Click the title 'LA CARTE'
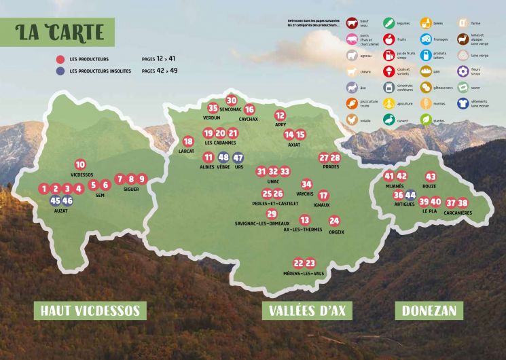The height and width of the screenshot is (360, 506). pyautogui.click(x=62, y=31)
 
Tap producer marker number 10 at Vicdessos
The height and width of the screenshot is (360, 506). pyautogui.click(x=80, y=164)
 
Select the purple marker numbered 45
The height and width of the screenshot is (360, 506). pyautogui.click(x=56, y=200)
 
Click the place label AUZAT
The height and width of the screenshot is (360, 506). pyautogui.click(x=61, y=211)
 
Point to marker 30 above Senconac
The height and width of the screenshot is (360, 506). pyautogui.click(x=231, y=99)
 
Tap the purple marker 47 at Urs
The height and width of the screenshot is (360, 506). pyautogui.click(x=238, y=158)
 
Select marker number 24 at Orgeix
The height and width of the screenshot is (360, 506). pyautogui.click(x=334, y=221)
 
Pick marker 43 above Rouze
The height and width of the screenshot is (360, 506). pyautogui.click(x=431, y=177)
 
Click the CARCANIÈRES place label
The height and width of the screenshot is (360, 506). pyautogui.click(x=458, y=213)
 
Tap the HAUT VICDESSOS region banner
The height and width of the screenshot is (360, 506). pyautogui.click(x=90, y=311)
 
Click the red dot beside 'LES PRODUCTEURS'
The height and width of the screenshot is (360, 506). pyautogui.click(x=60, y=59)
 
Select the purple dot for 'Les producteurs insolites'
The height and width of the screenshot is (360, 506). pyautogui.click(x=60, y=70)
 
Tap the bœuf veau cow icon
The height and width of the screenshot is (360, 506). pyautogui.click(x=352, y=24)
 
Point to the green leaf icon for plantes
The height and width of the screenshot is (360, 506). pyautogui.click(x=426, y=119)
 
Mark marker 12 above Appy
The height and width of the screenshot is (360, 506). pyautogui.click(x=280, y=115)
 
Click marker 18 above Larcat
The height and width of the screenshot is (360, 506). pyautogui.click(x=188, y=141)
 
